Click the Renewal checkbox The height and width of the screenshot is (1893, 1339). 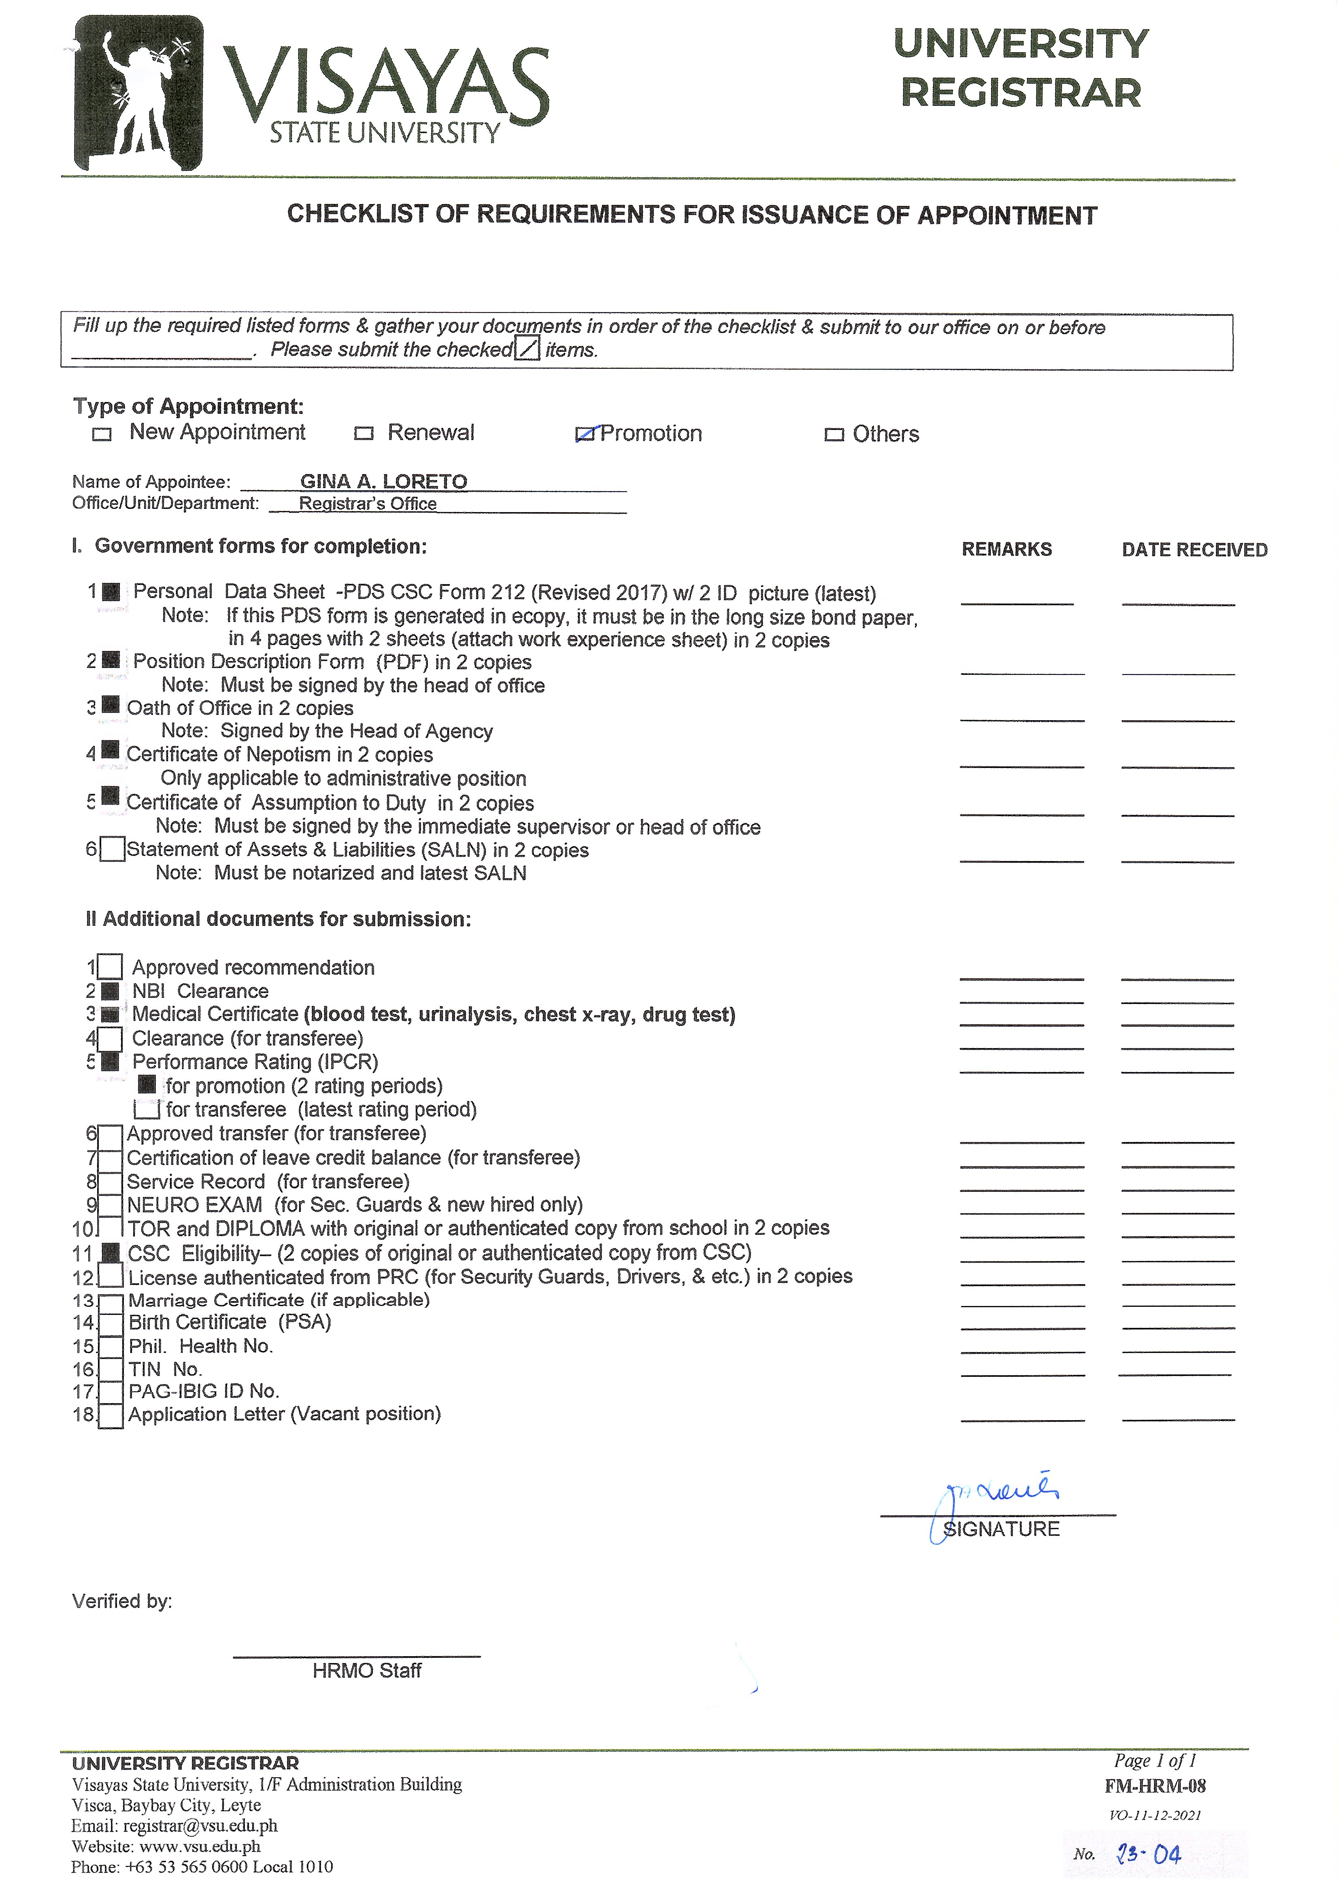(x=363, y=434)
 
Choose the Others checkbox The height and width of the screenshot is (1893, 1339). (x=834, y=434)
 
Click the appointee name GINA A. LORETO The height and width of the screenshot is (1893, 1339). (x=383, y=481)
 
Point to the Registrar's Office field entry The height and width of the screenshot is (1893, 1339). (x=368, y=504)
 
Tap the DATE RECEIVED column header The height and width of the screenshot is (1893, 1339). (x=1194, y=550)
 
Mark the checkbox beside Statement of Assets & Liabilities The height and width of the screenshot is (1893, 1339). (x=112, y=849)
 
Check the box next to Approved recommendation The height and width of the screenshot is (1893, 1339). (x=110, y=966)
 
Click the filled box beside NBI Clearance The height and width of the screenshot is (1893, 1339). (x=110, y=991)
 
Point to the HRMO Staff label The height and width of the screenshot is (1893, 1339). (x=367, y=1670)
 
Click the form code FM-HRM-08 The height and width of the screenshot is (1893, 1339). (x=1155, y=1787)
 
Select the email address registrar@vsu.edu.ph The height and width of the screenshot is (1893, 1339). (x=200, y=1826)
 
